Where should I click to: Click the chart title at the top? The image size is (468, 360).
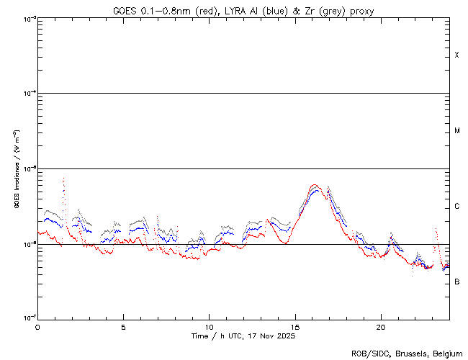tap(243, 10)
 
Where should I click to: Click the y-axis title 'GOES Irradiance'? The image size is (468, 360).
tap(16, 169)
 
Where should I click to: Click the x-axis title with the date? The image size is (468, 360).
tap(243, 336)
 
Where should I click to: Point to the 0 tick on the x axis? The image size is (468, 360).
tap(37, 326)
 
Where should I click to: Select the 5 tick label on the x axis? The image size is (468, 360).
tap(123, 326)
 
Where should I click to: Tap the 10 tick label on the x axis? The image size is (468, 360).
tap(209, 326)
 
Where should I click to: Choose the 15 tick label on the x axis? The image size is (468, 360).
tap(294, 326)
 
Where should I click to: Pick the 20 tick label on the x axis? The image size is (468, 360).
tap(380, 326)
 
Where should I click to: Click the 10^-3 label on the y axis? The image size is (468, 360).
tap(29, 19)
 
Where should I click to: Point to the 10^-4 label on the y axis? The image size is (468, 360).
tap(29, 94)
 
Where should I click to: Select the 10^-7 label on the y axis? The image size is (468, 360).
tap(29, 318)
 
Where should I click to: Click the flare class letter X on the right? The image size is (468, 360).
tap(457, 55)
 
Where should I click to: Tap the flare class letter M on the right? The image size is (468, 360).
tap(457, 131)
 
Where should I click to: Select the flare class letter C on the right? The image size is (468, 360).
tap(457, 207)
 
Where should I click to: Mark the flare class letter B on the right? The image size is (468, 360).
tap(457, 282)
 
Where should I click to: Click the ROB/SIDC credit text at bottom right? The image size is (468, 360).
tap(407, 353)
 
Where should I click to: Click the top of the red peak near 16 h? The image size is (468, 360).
tap(314, 185)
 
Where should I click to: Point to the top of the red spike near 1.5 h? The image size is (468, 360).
tap(64, 178)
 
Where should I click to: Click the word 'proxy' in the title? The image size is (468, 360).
tap(361, 11)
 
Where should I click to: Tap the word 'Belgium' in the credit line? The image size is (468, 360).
tap(446, 353)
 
